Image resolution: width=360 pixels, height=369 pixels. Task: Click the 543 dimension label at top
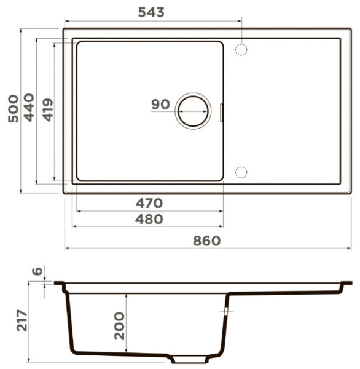pyautogui.click(x=151, y=12)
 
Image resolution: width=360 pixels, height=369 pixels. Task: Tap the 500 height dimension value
pyautogui.click(x=13, y=108)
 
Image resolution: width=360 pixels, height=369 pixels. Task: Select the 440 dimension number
pyautogui.click(x=29, y=108)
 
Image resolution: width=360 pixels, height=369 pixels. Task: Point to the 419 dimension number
pyautogui.click(x=48, y=110)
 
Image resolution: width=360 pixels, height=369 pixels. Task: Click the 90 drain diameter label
pyautogui.click(x=160, y=105)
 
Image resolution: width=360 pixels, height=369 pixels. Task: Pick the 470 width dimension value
pyautogui.click(x=149, y=204)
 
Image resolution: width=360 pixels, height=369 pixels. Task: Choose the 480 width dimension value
pyautogui.click(x=149, y=220)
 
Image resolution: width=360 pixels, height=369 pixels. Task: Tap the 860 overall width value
pyautogui.click(x=207, y=241)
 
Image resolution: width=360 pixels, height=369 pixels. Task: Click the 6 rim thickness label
pyautogui.click(x=37, y=271)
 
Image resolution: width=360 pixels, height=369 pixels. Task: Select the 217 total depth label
pyautogui.click(x=22, y=320)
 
